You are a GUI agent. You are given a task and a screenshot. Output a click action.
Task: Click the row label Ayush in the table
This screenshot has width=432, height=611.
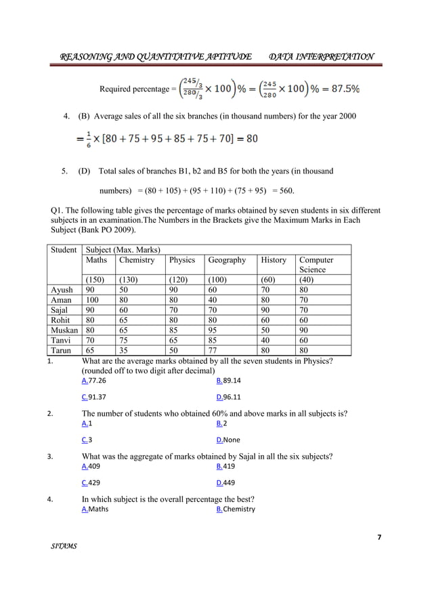pos(62,290)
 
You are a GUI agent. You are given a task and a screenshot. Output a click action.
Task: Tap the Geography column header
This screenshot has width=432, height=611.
pos(227,259)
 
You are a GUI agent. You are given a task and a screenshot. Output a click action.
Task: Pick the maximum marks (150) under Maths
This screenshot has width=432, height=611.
pos(95,280)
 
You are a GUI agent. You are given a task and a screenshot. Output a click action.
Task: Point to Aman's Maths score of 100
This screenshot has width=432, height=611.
pos(93,300)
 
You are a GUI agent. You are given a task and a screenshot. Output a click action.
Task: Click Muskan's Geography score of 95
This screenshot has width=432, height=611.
pos(215,331)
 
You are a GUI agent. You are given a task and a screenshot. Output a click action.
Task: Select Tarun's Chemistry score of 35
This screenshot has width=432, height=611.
pos(124,351)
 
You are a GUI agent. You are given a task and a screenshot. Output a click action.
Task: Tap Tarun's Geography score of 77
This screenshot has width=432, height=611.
pos(215,351)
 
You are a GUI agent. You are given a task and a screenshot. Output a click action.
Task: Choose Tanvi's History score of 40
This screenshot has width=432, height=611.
pos(265,341)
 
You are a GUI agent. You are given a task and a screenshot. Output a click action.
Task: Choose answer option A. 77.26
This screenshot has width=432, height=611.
pos(93,381)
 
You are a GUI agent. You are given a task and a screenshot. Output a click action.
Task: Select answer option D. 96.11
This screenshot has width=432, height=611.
pos(228,398)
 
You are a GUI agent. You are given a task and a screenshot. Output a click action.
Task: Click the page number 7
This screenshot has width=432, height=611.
pos(379,537)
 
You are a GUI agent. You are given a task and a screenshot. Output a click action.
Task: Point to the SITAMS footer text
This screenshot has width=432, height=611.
pos(64,565)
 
